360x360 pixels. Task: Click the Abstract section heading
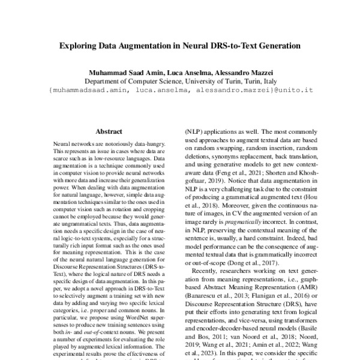click(109, 131)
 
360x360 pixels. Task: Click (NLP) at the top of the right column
click(192, 128)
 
